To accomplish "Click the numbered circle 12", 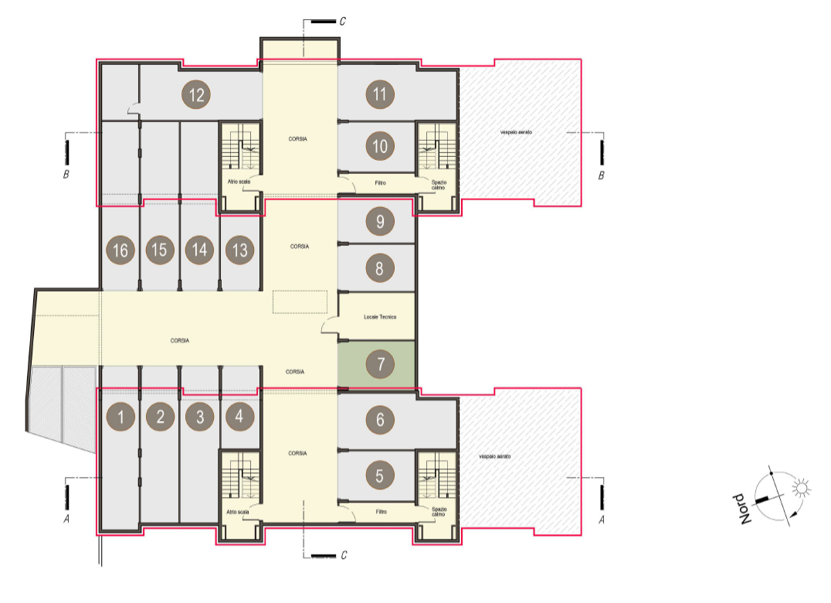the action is [x=196, y=95].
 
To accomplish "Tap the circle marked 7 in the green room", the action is [x=380, y=364].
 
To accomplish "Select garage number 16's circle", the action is [x=120, y=250].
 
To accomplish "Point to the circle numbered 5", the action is [x=379, y=475].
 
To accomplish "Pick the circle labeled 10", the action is [x=380, y=146].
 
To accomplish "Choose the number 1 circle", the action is [x=120, y=417].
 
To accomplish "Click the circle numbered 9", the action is [x=380, y=221].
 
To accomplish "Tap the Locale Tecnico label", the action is [x=380, y=317].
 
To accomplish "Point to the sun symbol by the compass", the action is [x=802, y=488].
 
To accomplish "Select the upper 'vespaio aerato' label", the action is [x=516, y=132].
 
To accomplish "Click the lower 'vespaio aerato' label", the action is [x=495, y=457].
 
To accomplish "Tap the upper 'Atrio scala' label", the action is [x=239, y=182].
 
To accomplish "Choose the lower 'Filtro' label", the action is [x=381, y=512].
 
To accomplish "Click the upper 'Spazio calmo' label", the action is [x=439, y=185].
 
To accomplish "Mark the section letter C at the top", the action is [x=343, y=21].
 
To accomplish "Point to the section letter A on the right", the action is [x=601, y=520].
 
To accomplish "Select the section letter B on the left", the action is [x=66, y=174].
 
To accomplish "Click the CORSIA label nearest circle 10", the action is [x=298, y=139].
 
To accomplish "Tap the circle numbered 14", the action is [x=199, y=250].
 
